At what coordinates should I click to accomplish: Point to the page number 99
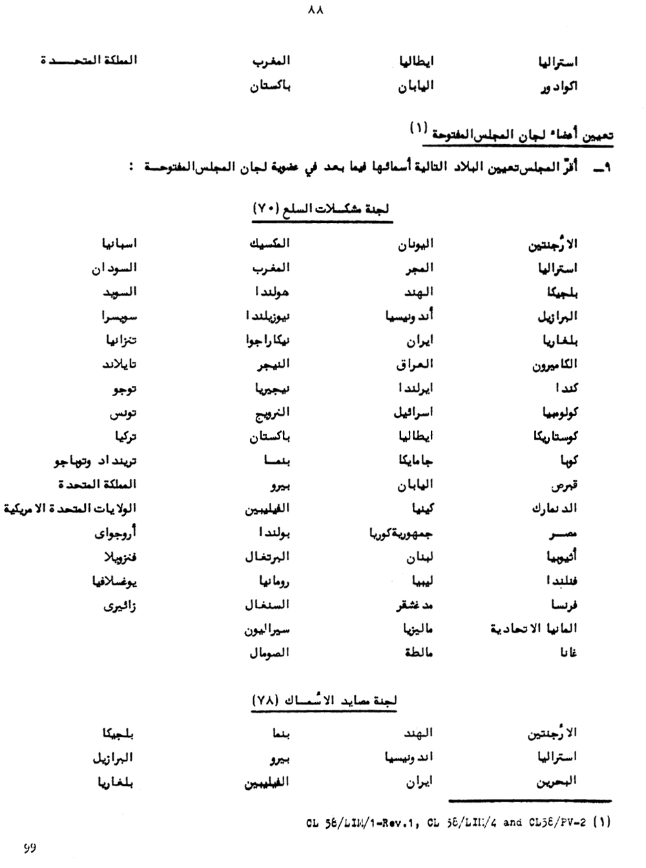(30, 847)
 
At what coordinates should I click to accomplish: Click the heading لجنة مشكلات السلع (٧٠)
(323, 209)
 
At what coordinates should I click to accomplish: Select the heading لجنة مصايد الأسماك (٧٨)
(324, 700)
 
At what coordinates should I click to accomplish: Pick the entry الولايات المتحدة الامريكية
(70, 509)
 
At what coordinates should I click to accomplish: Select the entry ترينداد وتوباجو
(95, 461)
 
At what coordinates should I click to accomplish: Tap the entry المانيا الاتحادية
(534, 628)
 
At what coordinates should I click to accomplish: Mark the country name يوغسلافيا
(114, 581)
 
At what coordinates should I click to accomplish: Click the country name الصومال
(269, 653)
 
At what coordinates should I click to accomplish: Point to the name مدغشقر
(414, 606)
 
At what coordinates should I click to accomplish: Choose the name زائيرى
(120, 606)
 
